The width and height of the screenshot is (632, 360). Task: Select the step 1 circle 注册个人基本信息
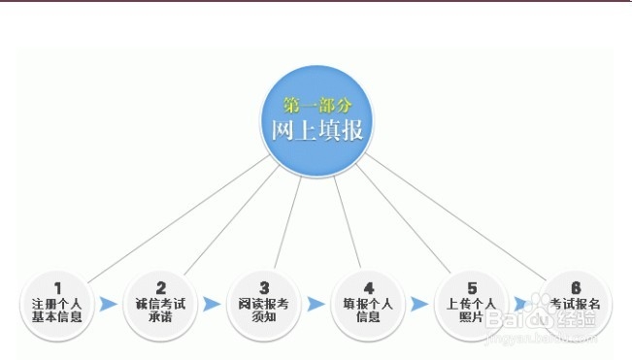tap(57, 304)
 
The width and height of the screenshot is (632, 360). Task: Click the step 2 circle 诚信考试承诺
tap(161, 304)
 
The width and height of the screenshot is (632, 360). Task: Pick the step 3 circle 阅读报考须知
tap(264, 304)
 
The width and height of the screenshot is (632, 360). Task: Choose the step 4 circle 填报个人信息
tap(368, 304)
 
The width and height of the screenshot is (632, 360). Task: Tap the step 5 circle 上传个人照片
tap(472, 304)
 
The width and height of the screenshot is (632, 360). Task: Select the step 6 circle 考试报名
tap(575, 304)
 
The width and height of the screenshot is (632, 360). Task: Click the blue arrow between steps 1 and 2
tap(109, 305)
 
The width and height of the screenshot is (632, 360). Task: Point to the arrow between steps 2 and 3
tap(213, 305)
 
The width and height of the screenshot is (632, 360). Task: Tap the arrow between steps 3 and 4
tap(316, 305)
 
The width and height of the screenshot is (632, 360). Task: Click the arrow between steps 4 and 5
tap(419, 305)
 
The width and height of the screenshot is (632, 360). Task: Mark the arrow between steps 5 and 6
tap(522, 304)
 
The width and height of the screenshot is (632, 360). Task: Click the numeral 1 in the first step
tap(57, 287)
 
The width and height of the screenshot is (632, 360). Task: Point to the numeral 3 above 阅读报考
tap(264, 287)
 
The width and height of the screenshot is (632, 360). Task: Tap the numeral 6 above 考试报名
tap(576, 287)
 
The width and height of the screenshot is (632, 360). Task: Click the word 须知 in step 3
tap(264, 317)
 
